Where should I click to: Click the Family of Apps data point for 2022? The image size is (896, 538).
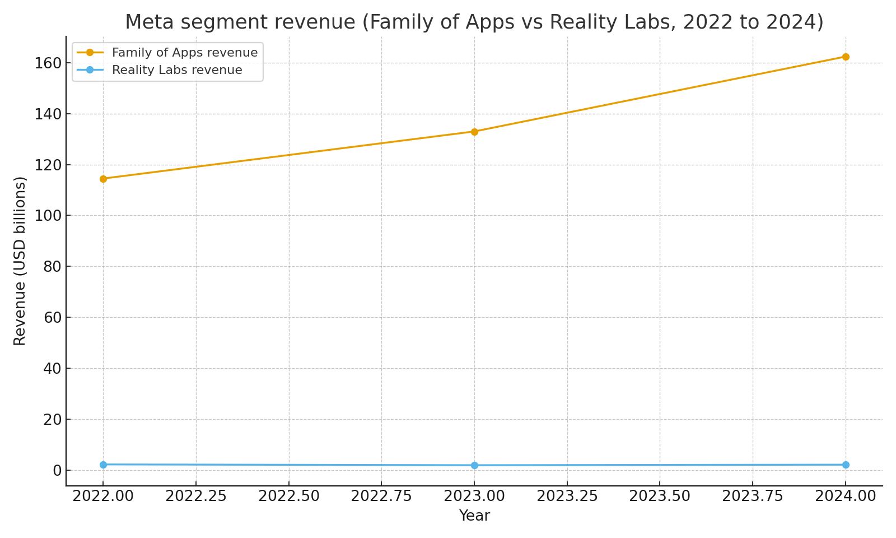[103, 179]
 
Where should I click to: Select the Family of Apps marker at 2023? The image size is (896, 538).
[474, 132]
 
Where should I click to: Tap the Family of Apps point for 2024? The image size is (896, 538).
[846, 57]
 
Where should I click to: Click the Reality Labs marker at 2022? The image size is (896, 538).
[103, 465]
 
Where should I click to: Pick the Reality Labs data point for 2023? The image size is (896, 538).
[474, 465]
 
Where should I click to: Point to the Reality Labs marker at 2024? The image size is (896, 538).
[846, 465]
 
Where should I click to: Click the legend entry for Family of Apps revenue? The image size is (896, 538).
[185, 53]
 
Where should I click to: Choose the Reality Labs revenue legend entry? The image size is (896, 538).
[177, 70]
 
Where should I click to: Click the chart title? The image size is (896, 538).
[474, 22]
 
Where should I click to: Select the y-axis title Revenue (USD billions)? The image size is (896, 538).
[20, 261]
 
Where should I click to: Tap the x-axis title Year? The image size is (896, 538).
[474, 516]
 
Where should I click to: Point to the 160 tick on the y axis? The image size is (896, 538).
[48, 63]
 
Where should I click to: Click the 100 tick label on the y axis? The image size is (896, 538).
[48, 216]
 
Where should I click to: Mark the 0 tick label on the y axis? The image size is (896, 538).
[57, 470]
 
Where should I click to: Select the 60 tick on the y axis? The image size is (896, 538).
[52, 318]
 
